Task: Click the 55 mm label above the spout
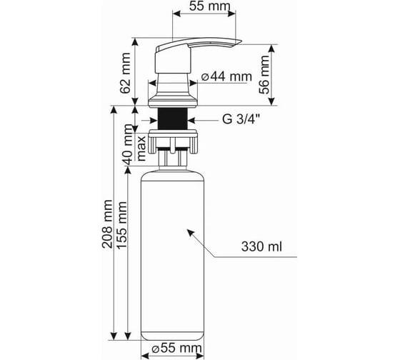click(209, 6)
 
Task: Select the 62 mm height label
click(125, 73)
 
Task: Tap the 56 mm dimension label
click(264, 74)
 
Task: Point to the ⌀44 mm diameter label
click(226, 76)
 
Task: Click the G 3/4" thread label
click(241, 119)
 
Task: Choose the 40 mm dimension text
click(127, 145)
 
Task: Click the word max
click(141, 149)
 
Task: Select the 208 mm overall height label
click(107, 224)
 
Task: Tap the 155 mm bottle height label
click(121, 225)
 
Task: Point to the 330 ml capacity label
click(261, 246)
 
